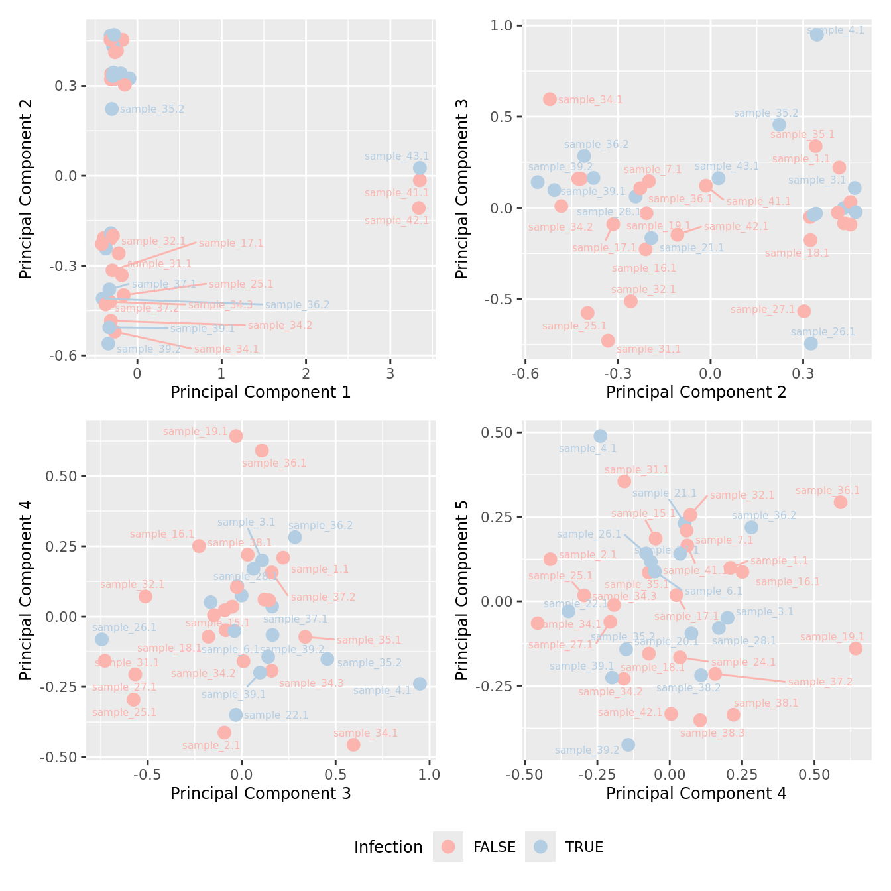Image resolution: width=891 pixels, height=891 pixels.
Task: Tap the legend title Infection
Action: click(x=388, y=847)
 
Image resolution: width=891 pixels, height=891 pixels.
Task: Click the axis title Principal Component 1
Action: click(x=261, y=392)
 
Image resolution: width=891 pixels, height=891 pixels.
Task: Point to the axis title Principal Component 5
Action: click(x=462, y=590)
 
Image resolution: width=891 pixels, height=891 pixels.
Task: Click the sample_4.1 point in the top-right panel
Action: click(x=817, y=34)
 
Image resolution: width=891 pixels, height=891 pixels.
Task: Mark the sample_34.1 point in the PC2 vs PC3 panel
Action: click(x=550, y=99)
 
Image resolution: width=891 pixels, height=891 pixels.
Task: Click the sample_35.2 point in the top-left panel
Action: click(x=111, y=109)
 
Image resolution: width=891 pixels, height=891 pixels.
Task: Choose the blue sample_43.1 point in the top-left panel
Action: click(x=420, y=168)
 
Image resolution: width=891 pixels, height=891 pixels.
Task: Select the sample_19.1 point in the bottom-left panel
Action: click(x=236, y=436)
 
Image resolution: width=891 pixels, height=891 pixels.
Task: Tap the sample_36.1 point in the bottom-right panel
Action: click(x=841, y=502)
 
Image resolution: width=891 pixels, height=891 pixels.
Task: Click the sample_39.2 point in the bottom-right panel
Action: click(x=628, y=744)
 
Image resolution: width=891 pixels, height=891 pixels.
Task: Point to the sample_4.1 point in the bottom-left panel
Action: click(x=420, y=683)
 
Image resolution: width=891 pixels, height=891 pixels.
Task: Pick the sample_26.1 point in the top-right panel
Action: click(x=811, y=343)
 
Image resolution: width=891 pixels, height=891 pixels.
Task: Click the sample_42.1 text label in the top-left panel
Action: click(x=396, y=221)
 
